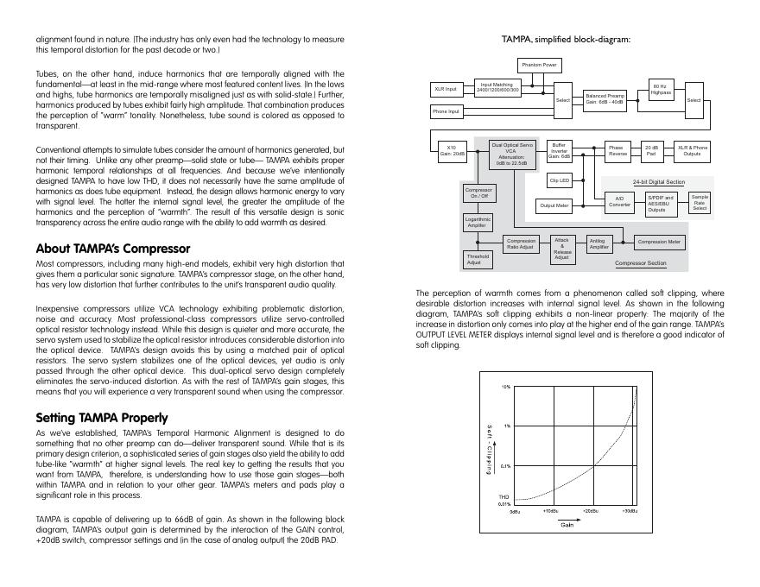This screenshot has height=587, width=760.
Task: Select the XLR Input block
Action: coord(446,89)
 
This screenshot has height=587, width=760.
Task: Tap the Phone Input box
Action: coord(446,111)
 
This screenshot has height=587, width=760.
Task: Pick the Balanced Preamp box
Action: coord(605,98)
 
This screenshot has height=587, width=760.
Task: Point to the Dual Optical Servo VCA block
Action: coord(512,153)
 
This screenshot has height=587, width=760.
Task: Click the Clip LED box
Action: coord(559,180)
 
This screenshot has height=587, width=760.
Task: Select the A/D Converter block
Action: coord(619,201)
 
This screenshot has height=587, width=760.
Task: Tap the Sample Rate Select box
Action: coord(700,202)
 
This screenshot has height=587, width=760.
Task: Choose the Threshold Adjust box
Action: coord(478,259)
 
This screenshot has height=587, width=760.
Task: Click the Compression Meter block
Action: coord(660,243)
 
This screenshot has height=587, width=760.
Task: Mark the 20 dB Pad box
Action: coord(652,151)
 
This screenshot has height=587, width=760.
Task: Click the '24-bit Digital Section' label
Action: coord(658,182)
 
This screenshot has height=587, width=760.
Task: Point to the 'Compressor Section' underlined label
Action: coord(640,262)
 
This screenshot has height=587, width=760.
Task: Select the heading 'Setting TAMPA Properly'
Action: coord(96,418)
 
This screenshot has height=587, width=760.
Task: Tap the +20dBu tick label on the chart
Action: coord(590,511)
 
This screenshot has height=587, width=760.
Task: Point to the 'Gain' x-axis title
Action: coord(567,524)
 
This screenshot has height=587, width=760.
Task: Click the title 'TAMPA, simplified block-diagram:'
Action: coord(566,39)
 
